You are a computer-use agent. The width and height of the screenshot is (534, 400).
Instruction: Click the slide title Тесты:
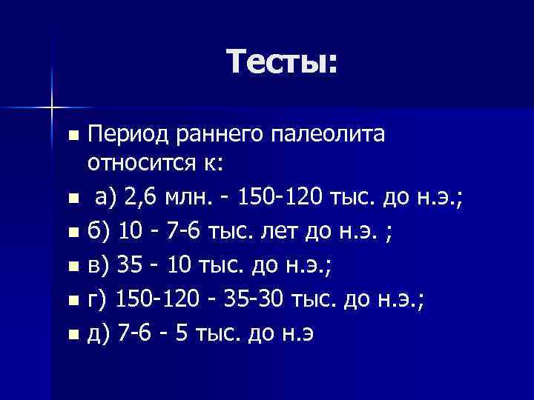[x=283, y=61]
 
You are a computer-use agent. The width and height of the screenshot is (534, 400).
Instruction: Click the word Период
[x=127, y=135]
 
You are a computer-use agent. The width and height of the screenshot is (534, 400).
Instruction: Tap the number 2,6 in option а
[x=140, y=198]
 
